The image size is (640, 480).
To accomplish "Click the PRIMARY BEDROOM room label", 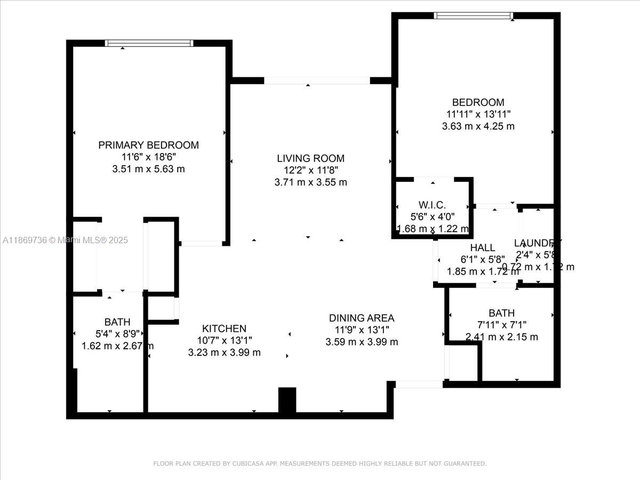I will click(x=148, y=145).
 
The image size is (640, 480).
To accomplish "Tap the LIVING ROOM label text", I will click(x=310, y=158).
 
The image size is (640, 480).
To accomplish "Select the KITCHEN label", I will click(x=224, y=329).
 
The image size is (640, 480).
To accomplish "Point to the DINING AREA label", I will click(x=362, y=318).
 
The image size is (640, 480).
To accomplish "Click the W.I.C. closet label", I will click(x=432, y=205).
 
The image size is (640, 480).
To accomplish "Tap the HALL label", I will click(x=483, y=248).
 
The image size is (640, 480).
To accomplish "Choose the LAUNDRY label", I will click(x=538, y=243).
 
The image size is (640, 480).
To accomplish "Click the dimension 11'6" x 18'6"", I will click(x=148, y=157).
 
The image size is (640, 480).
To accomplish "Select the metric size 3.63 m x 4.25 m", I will click(x=478, y=126).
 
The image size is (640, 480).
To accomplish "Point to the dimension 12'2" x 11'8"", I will click(x=310, y=170).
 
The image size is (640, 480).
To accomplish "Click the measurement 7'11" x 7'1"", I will click(x=501, y=325).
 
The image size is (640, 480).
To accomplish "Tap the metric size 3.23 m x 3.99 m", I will click(x=224, y=353).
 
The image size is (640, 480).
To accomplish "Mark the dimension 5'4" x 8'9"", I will click(x=117, y=334).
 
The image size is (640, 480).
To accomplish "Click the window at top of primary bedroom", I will click(x=149, y=43).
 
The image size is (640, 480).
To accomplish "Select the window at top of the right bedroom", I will click(x=474, y=15).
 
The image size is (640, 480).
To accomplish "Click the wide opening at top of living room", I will click(x=317, y=81).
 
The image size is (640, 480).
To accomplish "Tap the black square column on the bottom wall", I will click(x=287, y=400).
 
